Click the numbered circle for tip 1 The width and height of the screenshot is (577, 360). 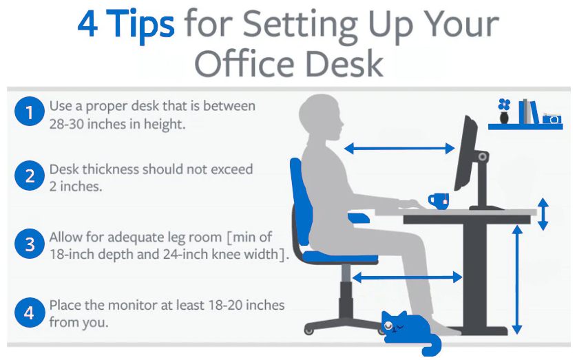(x=30, y=112)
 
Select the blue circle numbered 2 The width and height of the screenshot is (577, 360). (x=30, y=176)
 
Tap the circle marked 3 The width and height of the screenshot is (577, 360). (x=30, y=244)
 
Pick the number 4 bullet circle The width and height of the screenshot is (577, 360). (x=30, y=313)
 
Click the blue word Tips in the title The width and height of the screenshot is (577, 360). (x=140, y=24)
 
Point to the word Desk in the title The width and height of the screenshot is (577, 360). (x=344, y=64)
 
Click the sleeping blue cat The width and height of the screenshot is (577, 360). (x=410, y=332)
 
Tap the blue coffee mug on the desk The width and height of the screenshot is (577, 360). (x=439, y=201)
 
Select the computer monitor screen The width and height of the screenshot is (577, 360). (x=465, y=153)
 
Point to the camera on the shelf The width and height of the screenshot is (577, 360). (x=552, y=119)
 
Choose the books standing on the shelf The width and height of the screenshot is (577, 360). (x=528, y=112)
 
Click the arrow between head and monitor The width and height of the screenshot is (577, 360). (x=399, y=149)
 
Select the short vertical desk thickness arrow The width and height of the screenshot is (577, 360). (x=543, y=214)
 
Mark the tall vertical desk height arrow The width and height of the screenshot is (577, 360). (x=517, y=279)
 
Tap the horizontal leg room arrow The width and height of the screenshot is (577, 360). (x=407, y=277)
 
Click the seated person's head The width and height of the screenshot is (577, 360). (x=321, y=117)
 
